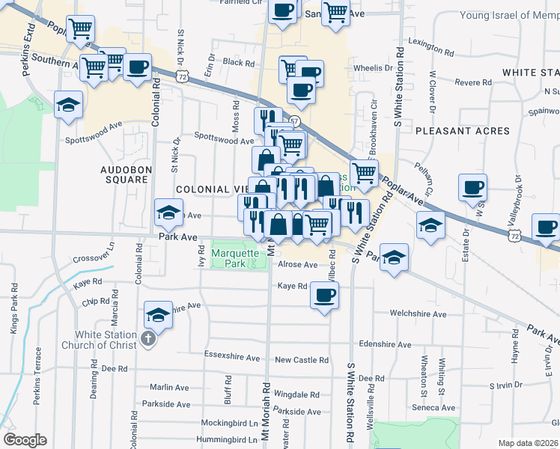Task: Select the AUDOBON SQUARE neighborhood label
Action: [125, 174]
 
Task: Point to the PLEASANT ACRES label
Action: [462, 131]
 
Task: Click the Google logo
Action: [25, 440]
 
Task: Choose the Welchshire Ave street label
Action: [417, 314]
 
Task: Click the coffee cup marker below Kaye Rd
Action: [324, 294]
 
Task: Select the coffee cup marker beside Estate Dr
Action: [472, 187]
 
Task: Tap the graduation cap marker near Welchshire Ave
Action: [158, 316]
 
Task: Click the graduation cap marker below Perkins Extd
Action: [68, 104]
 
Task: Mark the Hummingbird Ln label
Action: [225, 439]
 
